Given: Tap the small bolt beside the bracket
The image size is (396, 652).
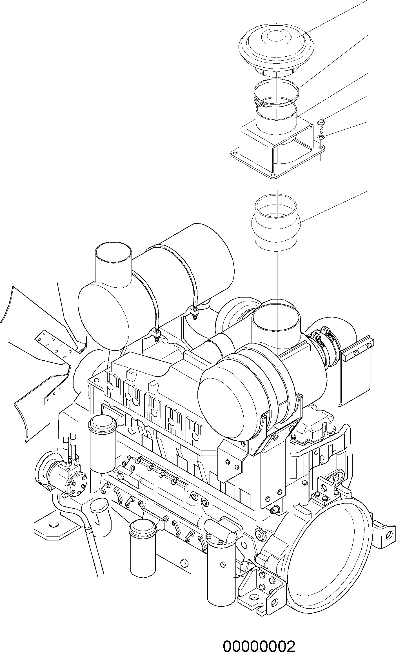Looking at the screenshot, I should pos(321,125).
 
